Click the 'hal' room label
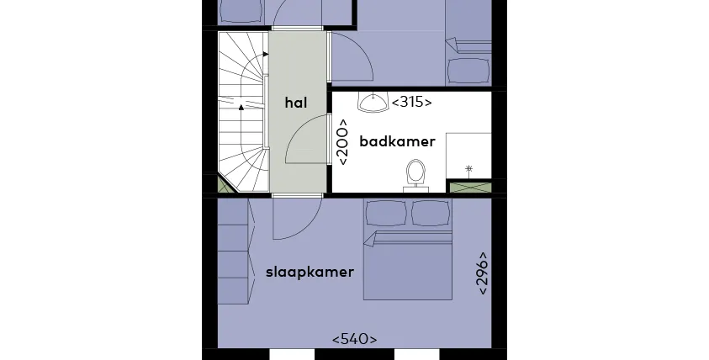click(296, 103)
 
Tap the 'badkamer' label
click(398, 141)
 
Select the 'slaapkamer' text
click(310, 273)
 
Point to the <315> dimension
click(411, 103)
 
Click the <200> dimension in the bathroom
click(343, 142)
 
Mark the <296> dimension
click(483, 273)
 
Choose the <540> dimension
click(355, 339)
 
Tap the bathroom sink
click(373, 102)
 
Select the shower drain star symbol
click(469, 170)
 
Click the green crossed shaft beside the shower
click(470, 188)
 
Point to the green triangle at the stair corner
click(225, 184)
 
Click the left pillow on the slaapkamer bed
click(386, 213)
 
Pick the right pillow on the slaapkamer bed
click(431, 213)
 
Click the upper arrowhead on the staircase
click(266, 55)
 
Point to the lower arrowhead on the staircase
click(241, 107)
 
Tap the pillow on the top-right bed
click(468, 71)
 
